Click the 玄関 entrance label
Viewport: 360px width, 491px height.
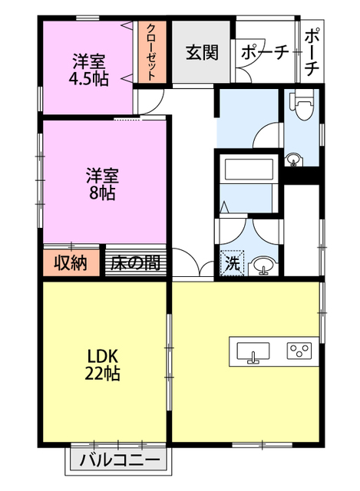point(202,53)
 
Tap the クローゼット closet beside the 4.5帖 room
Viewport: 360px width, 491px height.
point(152,52)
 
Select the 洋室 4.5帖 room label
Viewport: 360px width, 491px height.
point(89,70)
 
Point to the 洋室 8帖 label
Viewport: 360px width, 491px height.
point(102,184)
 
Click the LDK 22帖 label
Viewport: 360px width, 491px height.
point(102,364)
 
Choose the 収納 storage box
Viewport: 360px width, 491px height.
point(71,262)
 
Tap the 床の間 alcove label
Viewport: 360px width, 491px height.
point(135,262)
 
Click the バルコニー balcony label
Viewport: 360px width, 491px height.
point(120,460)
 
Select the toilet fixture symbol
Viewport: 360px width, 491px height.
point(302,105)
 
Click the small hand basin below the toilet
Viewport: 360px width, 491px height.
point(294,160)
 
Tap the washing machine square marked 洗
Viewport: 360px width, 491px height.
point(232,262)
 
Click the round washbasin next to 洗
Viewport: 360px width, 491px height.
point(264,266)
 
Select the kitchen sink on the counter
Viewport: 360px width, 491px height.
point(253,353)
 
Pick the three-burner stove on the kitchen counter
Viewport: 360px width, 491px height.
point(299,351)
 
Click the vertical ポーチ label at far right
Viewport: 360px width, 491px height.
point(312,52)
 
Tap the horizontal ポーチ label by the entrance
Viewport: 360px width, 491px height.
point(265,53)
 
